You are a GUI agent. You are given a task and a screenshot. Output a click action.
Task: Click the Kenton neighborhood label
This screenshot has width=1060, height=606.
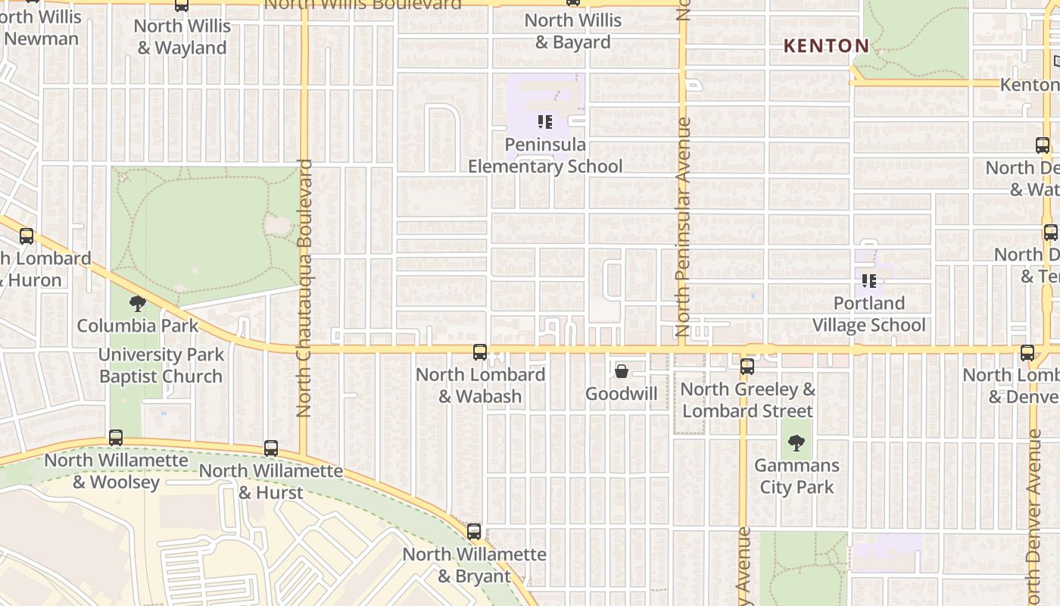(x=826, y=46)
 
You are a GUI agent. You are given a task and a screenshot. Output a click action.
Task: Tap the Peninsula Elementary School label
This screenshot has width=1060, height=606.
(x=545, y=155)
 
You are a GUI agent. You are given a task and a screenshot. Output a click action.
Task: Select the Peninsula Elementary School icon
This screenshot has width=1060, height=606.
(x=545, y=121)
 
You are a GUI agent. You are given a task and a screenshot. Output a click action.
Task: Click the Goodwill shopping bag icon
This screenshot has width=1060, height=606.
(x=622, y=371)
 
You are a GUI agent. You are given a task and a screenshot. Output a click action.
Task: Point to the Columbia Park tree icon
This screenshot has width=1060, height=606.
(x=137, y=304)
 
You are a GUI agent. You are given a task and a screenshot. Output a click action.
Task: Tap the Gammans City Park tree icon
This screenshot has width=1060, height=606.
(x=797, y=443)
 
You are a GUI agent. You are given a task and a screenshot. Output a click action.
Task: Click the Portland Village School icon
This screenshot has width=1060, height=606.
(x=869, y=281)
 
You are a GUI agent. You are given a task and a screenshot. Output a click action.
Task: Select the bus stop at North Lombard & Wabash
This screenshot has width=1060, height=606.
(x=480, y=352)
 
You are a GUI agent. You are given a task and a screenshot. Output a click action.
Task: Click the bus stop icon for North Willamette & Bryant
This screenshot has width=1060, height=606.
(x=474, y=532)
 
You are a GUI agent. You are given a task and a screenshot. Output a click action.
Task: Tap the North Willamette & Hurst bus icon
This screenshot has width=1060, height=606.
(x=271, y=448)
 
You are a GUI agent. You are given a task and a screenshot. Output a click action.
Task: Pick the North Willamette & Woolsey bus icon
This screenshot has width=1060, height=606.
(x=116, y=438)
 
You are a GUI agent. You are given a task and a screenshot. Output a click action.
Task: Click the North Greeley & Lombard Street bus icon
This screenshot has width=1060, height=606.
(x=747, y=367)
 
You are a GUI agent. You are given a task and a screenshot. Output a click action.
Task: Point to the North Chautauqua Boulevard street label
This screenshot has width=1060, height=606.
(x=304, y=288)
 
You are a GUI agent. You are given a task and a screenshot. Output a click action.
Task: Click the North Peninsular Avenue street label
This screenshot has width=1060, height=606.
(x=683, y=227)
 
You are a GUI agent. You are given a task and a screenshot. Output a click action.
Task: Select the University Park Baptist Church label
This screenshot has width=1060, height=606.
(x=161, y=365)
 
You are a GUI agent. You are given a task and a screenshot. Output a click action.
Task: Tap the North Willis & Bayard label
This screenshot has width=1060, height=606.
(x=573, y=31)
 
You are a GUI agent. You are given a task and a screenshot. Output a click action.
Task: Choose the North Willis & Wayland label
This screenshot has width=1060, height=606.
(x=182, y=36)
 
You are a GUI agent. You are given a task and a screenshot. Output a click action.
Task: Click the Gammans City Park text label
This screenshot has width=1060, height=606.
(x=797, y=476)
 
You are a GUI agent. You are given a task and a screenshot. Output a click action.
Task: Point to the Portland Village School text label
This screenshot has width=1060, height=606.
(x=869, y=314)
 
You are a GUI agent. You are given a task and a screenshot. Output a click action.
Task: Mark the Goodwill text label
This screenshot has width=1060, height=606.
(x=622, y=394)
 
